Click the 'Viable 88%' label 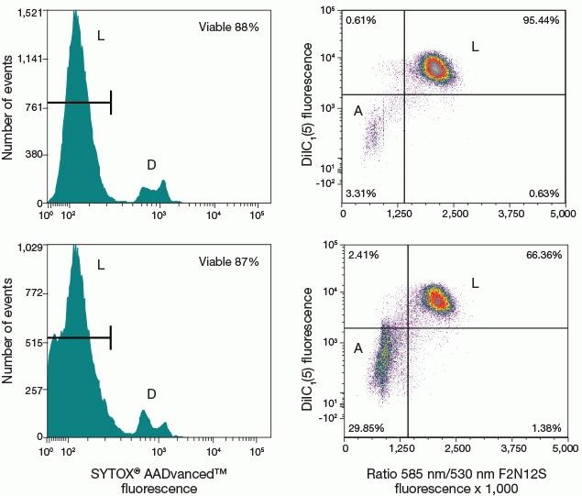click(x=229, y=28)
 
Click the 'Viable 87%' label click(x=229, y=262)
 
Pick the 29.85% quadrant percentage click(x=368, y=427)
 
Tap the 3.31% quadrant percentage click(x=364, y=193)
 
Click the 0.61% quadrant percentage click(x=362, y=19)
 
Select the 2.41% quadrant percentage click(x=364, y=253)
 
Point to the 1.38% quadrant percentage click(x=547, y=427)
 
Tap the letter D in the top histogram click(x=151, y=165)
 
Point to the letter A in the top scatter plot click(x=357, y=111)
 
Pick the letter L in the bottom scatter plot click(x=500, y=281)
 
